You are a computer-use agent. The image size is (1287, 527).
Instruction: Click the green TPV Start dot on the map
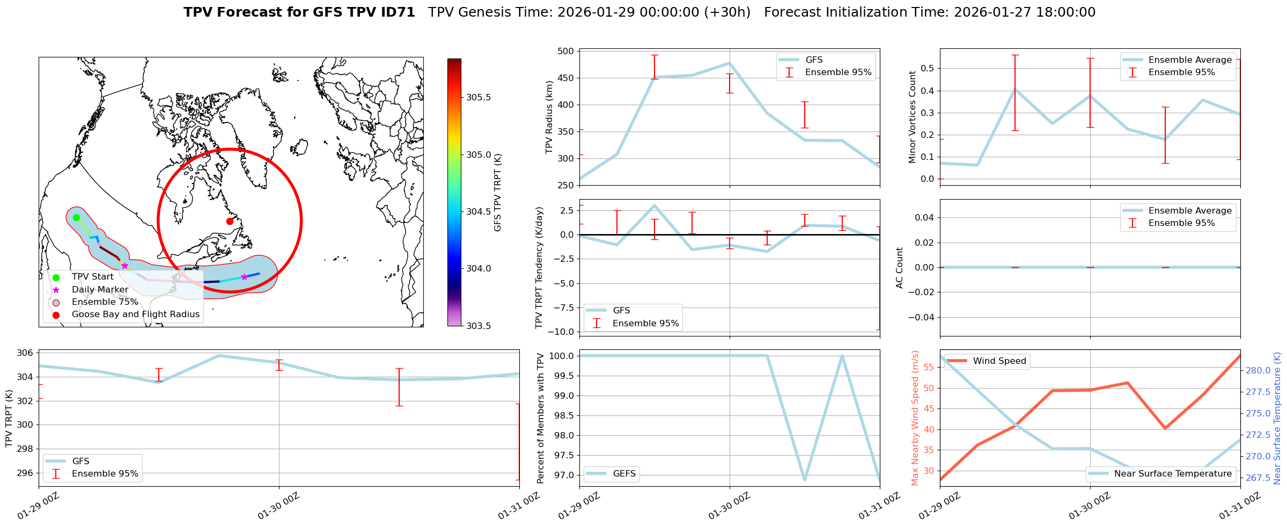[x=76, y=217]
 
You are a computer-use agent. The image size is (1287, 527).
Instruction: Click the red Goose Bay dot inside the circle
[x=230, y=221]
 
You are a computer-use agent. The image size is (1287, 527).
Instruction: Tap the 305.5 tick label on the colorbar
[x=479, y=98]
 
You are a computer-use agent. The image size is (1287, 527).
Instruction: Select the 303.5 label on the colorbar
[x=479, y=326]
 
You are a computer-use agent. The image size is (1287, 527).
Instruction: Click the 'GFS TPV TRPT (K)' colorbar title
[x=498, y=192]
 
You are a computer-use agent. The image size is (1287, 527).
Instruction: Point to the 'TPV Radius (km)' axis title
[x=549, y=118]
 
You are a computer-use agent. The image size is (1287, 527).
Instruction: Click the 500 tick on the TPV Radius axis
[x=567, y=52]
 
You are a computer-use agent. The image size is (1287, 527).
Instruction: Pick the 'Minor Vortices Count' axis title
[x=913, y=117]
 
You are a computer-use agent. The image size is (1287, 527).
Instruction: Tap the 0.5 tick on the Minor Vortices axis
[x=927, y=69]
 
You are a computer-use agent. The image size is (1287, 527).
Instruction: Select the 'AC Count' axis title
[x=900, y=268]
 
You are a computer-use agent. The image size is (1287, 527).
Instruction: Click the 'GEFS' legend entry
[x=624, y=473]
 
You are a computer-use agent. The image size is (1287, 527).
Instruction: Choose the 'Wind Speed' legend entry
[x=999, y=361]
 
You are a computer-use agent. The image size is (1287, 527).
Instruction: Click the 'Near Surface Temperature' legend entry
[x=1172, y=473]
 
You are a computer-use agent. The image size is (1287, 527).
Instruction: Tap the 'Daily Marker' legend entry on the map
[x=100, y=289]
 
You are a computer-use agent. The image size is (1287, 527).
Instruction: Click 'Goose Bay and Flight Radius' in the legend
[x=135, y=314]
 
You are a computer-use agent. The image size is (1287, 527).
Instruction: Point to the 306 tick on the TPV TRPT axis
[x=25, y=353]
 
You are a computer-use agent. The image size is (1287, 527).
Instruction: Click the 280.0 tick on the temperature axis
[x=1258, y=370]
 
